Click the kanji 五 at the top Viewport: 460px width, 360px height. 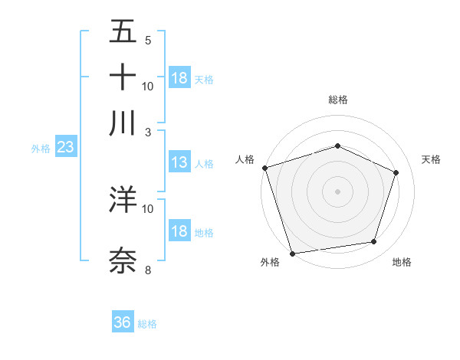click(123, 32)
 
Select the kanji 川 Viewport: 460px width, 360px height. click(123, 123)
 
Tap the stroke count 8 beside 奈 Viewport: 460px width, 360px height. click(148, 270)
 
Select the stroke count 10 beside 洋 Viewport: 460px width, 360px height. click(148, 208)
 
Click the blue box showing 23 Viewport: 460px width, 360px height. click(64, 147)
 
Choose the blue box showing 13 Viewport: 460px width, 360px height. click(179, 162)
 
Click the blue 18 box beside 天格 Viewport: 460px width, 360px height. click(179, 78)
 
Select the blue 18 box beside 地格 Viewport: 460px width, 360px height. click(179, 231)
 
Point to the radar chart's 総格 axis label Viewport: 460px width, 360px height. click(337, 100)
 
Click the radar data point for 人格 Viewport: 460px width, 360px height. click(264, 168)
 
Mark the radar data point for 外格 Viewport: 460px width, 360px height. click(293, 253)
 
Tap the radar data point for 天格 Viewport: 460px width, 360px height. click(396, 172)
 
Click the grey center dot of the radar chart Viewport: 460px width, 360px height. click(337, 191)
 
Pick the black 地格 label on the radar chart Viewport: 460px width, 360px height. click(402, 263)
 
